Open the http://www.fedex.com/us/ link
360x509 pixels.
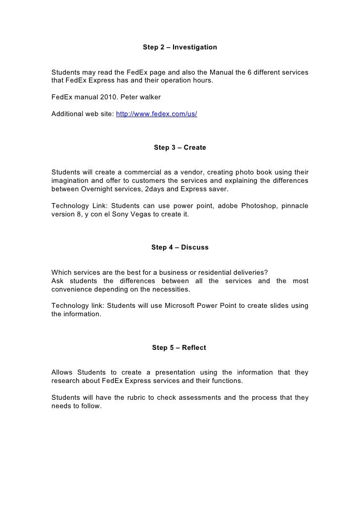(156, 114)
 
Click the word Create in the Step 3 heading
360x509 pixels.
(194, 148)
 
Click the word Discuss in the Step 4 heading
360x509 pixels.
(195, 248)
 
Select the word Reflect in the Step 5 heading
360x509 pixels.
(194, 348)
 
